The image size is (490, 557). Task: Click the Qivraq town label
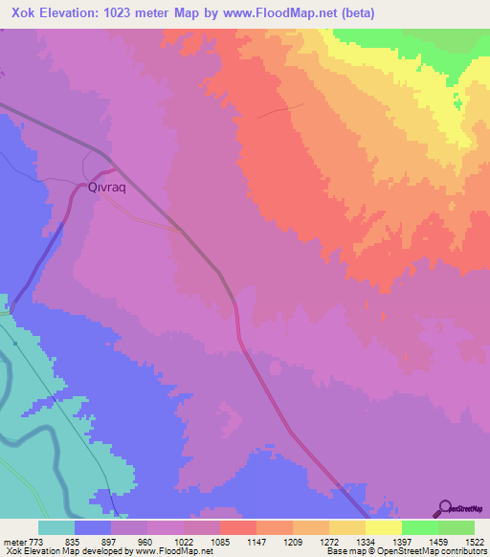[x=107, y=189]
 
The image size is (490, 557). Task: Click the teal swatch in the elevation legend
[x=56, y=527]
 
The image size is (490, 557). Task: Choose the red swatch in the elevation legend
[x=238, y=527]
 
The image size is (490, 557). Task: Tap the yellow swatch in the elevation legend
[x=384, y=527]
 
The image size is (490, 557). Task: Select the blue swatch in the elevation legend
[x=93, y=527]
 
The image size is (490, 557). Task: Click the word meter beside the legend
[x=14, y=541]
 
